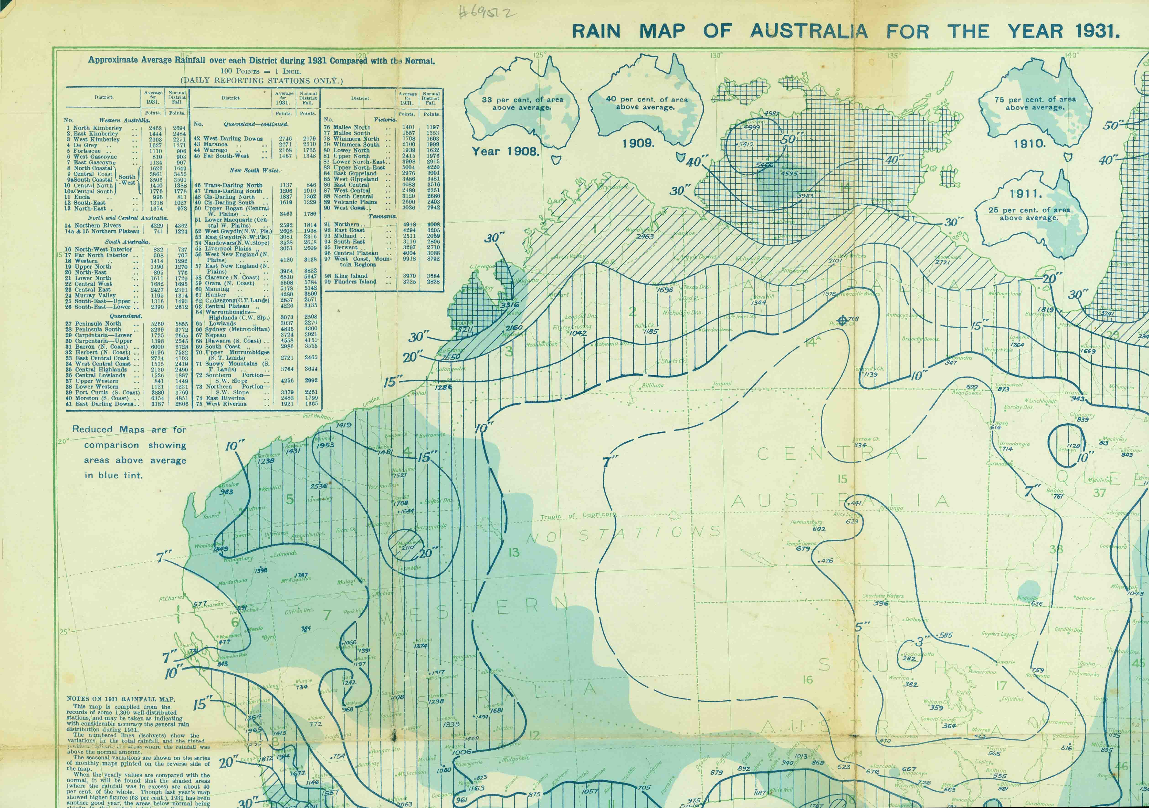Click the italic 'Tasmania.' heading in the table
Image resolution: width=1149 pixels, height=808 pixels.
click(x=383, y=216)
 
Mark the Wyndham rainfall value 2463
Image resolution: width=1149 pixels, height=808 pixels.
click(x=644, y=236)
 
